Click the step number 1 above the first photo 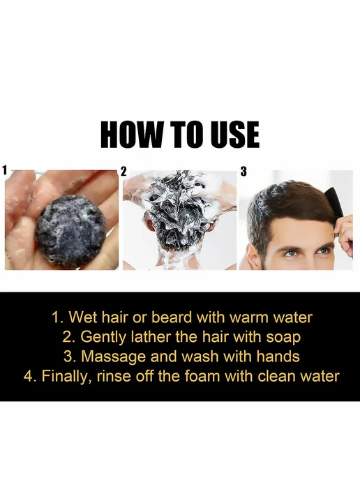(x=4, y=170)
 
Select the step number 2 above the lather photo (x=123, y=172)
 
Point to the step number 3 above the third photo (x=243, y=172)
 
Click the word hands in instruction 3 (x=278, y=357)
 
